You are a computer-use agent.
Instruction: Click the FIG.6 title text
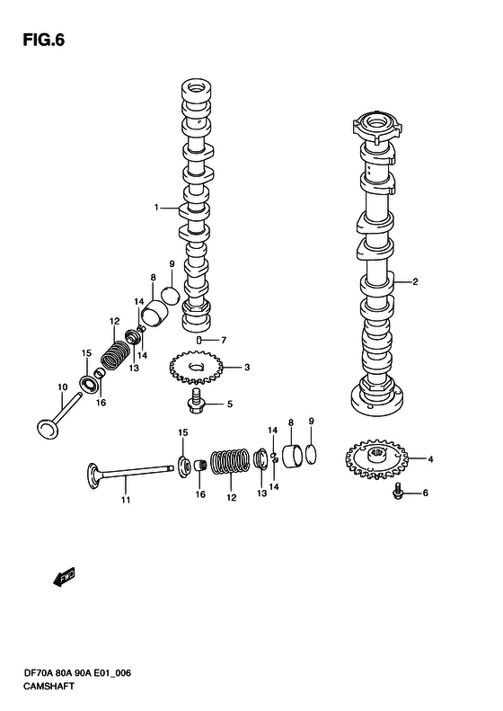click(43, 40)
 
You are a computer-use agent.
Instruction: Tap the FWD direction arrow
click(64, 577)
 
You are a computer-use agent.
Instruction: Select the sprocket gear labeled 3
click(196, 367)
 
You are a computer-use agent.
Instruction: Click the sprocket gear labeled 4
click(376, 459)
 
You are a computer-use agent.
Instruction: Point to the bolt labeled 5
click(196, 400)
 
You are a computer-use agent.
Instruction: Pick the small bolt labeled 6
click(398, 492)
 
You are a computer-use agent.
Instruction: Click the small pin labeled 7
click(199, 340)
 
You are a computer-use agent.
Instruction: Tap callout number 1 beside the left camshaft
click(156, 208)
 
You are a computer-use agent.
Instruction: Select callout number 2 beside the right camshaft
click(415, 281)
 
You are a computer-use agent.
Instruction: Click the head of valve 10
click(48, 429)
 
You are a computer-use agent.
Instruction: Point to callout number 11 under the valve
click(126, 500)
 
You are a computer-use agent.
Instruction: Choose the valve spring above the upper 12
click(115, 354)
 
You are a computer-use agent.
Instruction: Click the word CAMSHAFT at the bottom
click(49, 687)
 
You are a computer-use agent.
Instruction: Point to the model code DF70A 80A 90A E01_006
click(77, 673)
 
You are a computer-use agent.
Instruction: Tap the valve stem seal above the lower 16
click(200, 466)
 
